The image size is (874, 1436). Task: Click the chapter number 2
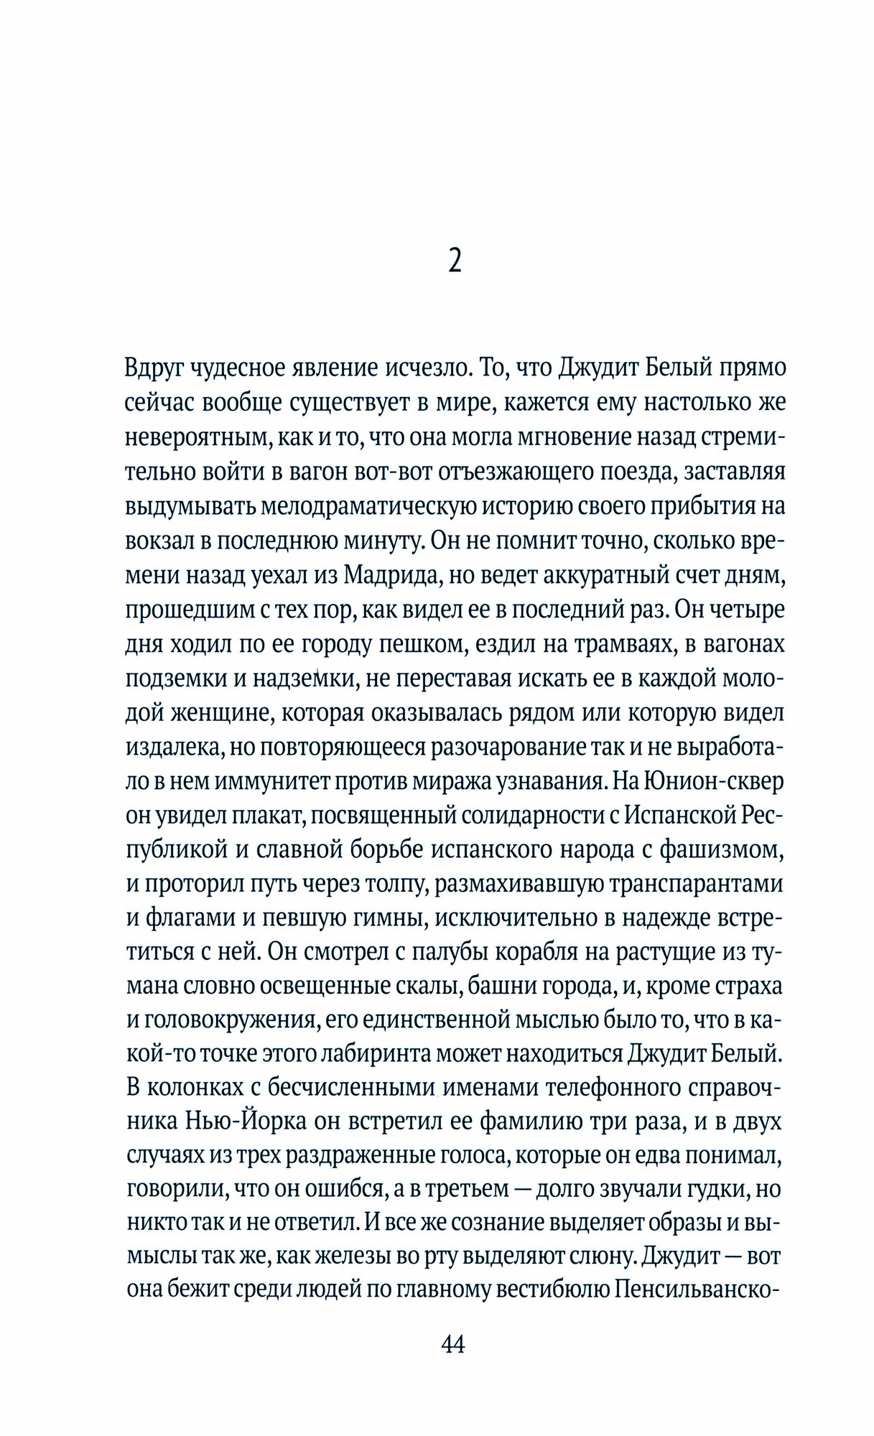point(454,261)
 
